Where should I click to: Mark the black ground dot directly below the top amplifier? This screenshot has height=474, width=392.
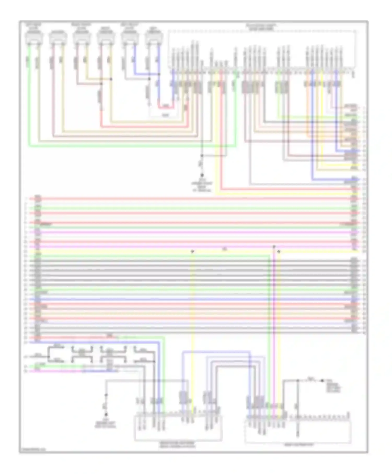tap(202, 175)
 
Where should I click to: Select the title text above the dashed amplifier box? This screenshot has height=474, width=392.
tap(261, 27)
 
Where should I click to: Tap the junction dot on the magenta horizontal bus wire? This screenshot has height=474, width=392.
tap(274, 246)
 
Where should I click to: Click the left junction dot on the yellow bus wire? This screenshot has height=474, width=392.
tap(192, 251)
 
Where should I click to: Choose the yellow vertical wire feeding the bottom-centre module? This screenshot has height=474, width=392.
tap(193, 326)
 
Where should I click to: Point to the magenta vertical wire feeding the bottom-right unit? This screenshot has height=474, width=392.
tap(274, 326)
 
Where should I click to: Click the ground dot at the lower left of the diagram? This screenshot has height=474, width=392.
tap(106, 414)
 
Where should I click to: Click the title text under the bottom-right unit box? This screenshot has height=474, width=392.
tap(298, 445)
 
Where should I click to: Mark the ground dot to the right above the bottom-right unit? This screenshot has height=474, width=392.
tap(322, 381)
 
